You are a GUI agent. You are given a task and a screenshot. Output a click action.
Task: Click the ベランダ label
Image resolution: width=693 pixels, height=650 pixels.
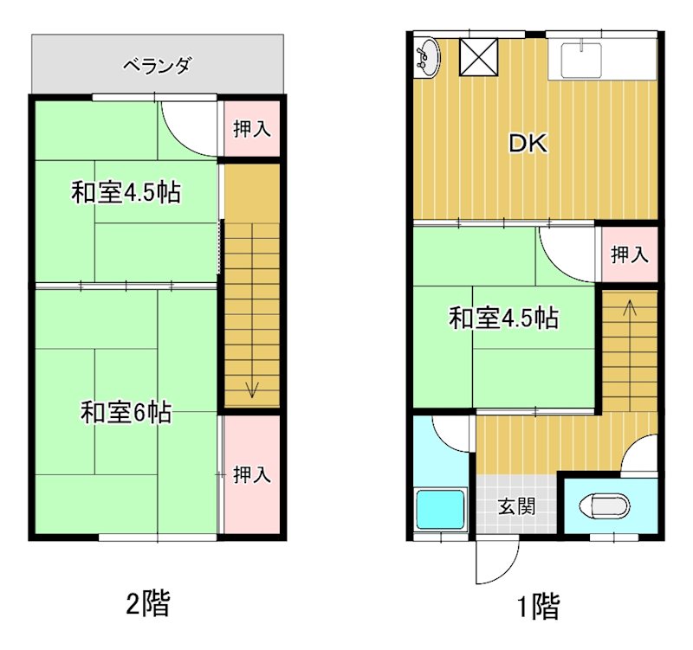coord(157,65)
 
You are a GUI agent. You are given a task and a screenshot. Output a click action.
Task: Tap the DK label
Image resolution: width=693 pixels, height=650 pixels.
coord(528,144)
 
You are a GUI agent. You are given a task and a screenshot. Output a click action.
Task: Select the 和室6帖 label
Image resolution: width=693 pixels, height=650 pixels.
coord(126,413)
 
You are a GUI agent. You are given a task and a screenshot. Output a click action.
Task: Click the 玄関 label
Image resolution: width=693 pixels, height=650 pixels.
coord(515,506)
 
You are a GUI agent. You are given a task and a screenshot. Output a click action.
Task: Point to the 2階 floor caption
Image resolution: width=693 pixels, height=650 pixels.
coord(147,602)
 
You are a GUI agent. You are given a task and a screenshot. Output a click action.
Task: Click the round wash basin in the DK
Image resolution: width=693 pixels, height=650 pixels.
coord(427,58)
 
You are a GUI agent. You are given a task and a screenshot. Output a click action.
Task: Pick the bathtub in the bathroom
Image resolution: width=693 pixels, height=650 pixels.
coord(442,509)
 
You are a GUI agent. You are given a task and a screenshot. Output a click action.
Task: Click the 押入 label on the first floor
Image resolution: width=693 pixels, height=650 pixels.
coord(629,254)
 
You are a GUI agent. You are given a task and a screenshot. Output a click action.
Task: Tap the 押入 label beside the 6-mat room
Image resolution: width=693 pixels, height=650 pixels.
coord(253,474)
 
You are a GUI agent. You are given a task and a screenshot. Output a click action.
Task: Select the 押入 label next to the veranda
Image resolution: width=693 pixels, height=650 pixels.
coord(252,130)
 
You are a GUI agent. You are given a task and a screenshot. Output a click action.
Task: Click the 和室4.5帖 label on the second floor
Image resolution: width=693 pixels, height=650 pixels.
coord(126,192)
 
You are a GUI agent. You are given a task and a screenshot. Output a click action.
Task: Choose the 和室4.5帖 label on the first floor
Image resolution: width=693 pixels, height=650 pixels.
coord(502,319)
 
